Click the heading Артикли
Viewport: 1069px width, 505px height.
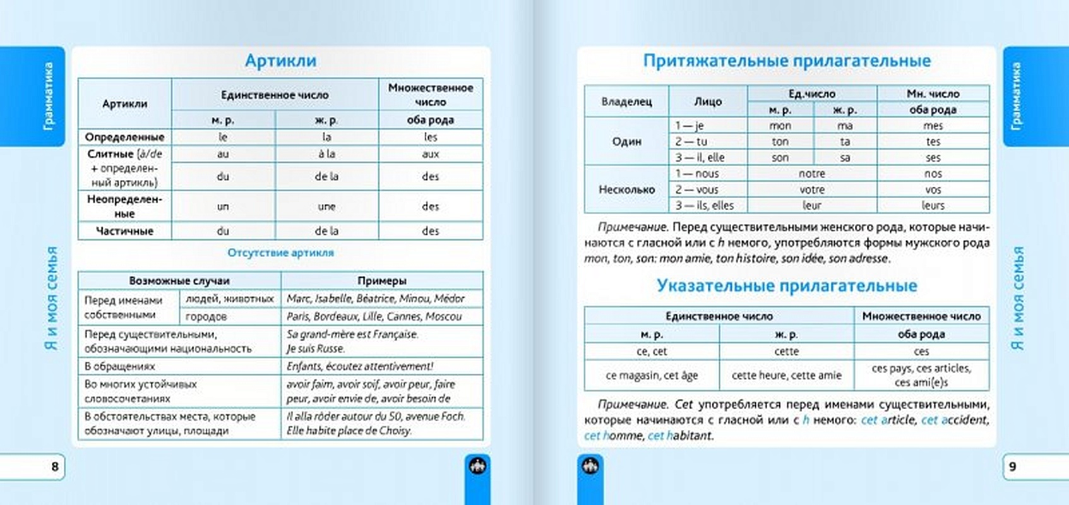click(280, 61)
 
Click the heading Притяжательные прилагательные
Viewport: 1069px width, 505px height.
click(787, 61)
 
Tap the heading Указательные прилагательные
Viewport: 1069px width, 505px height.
click(787, 286)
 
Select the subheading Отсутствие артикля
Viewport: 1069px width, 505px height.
click(280, 253)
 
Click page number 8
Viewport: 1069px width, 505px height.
click(55, 466)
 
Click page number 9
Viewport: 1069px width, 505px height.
click(1013, 466)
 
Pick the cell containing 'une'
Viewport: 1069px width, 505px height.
click(326, 206)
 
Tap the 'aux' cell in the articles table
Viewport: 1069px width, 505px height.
click(430, 154)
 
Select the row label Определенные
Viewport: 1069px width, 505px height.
click(124, 137)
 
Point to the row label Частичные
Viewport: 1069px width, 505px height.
click(124, 231)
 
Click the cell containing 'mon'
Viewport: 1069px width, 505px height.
click(780, 126)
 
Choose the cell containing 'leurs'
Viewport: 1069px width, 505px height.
click(933, 205)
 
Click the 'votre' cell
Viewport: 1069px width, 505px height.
click(811, 189)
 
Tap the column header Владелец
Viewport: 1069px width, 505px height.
click(626, 102)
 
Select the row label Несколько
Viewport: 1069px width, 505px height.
click(626, 189)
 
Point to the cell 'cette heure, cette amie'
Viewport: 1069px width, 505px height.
click(786, 376)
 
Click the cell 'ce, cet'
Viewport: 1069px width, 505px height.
click(652, 352)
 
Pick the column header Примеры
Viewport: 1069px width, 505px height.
click(381, 281)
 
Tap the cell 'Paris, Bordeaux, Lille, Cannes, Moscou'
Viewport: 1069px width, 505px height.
click(374, 316)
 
